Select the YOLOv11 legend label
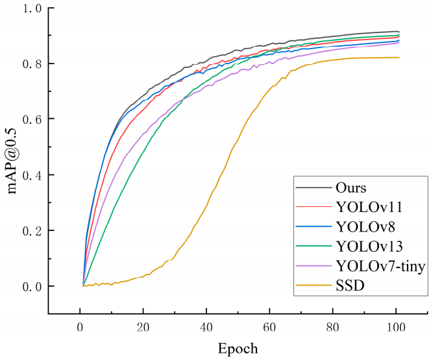369,208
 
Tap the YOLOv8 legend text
365,227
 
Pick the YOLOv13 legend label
369,246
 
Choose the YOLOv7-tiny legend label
381,266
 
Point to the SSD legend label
350,285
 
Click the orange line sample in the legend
314,285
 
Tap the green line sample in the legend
314,246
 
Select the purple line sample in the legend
314,266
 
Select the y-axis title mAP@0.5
12,161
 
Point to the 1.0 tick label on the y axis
32,8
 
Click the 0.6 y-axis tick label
32,119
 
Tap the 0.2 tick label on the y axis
32,230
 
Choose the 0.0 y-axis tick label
32,286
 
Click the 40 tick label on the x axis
206,328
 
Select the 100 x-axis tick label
396,328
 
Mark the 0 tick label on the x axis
80,328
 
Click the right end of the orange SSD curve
399,57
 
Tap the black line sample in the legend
314,188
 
